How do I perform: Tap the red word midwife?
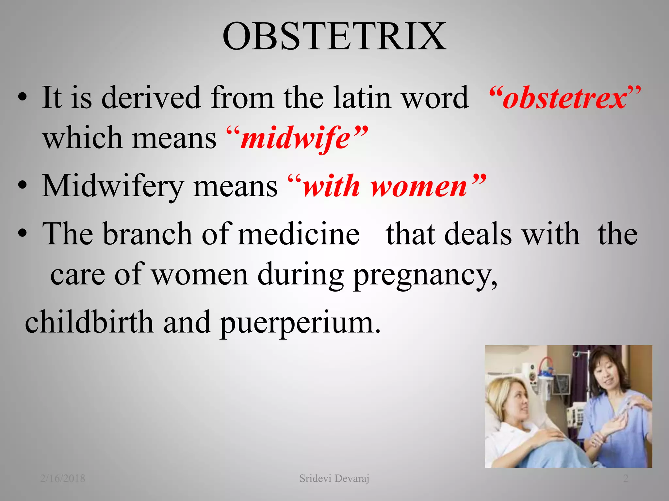coord(296,139)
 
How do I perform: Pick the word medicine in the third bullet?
coord(299,234)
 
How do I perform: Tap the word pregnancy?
coord(425,276)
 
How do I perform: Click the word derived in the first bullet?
coord(151,98)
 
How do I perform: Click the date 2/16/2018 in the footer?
coord(63,478)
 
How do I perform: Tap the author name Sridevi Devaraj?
coord(334,478)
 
